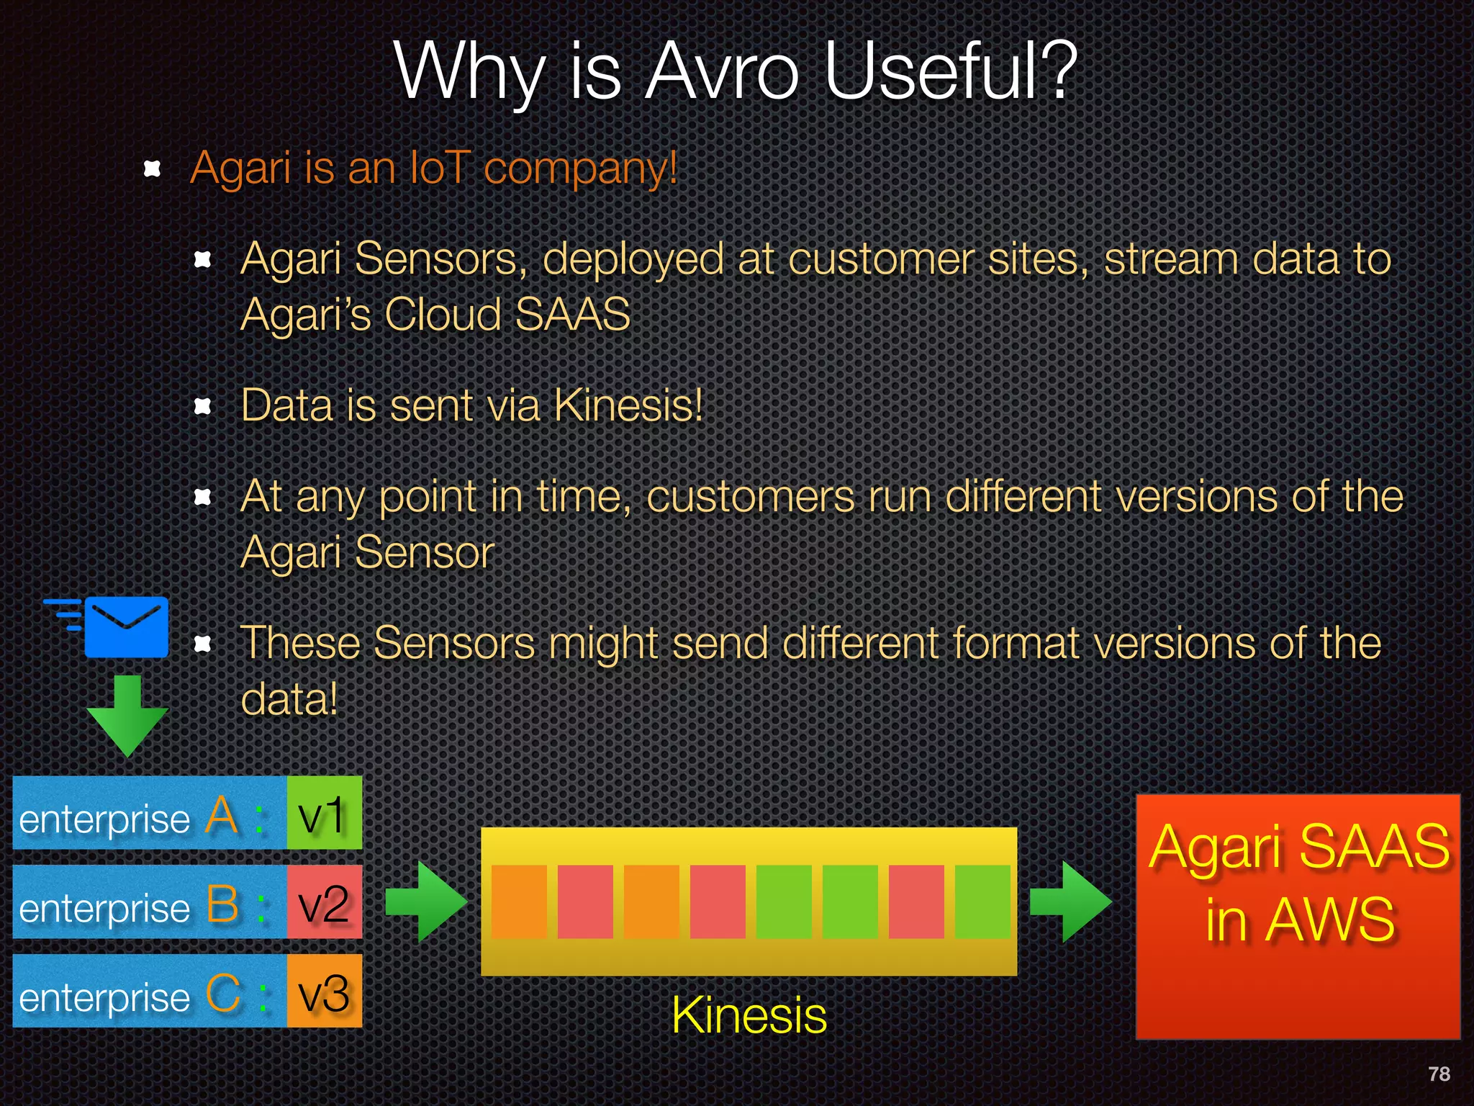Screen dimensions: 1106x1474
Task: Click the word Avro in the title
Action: point(722,72)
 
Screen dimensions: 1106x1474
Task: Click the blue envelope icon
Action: point(127,626)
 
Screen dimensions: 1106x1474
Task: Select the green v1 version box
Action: point(324,813)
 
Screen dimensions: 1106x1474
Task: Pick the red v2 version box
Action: point(324,902)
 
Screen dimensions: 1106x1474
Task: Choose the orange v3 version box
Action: point(324,992)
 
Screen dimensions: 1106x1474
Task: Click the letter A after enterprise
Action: point(222,816)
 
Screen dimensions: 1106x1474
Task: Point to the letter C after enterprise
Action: point(222,994)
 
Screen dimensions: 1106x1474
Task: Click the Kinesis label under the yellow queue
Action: point(749,1015)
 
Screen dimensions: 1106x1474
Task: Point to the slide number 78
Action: point(1439,1074)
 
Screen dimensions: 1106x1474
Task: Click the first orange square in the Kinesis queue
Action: point(519,902)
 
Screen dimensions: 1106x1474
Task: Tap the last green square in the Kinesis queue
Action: point(982,902)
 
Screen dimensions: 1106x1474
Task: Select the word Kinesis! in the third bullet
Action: point(628,405)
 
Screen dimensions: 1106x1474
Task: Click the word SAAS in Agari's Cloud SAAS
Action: point(573,315)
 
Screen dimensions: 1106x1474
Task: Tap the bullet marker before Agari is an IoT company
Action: point(152,169)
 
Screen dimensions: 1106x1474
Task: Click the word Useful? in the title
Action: point(950,72)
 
